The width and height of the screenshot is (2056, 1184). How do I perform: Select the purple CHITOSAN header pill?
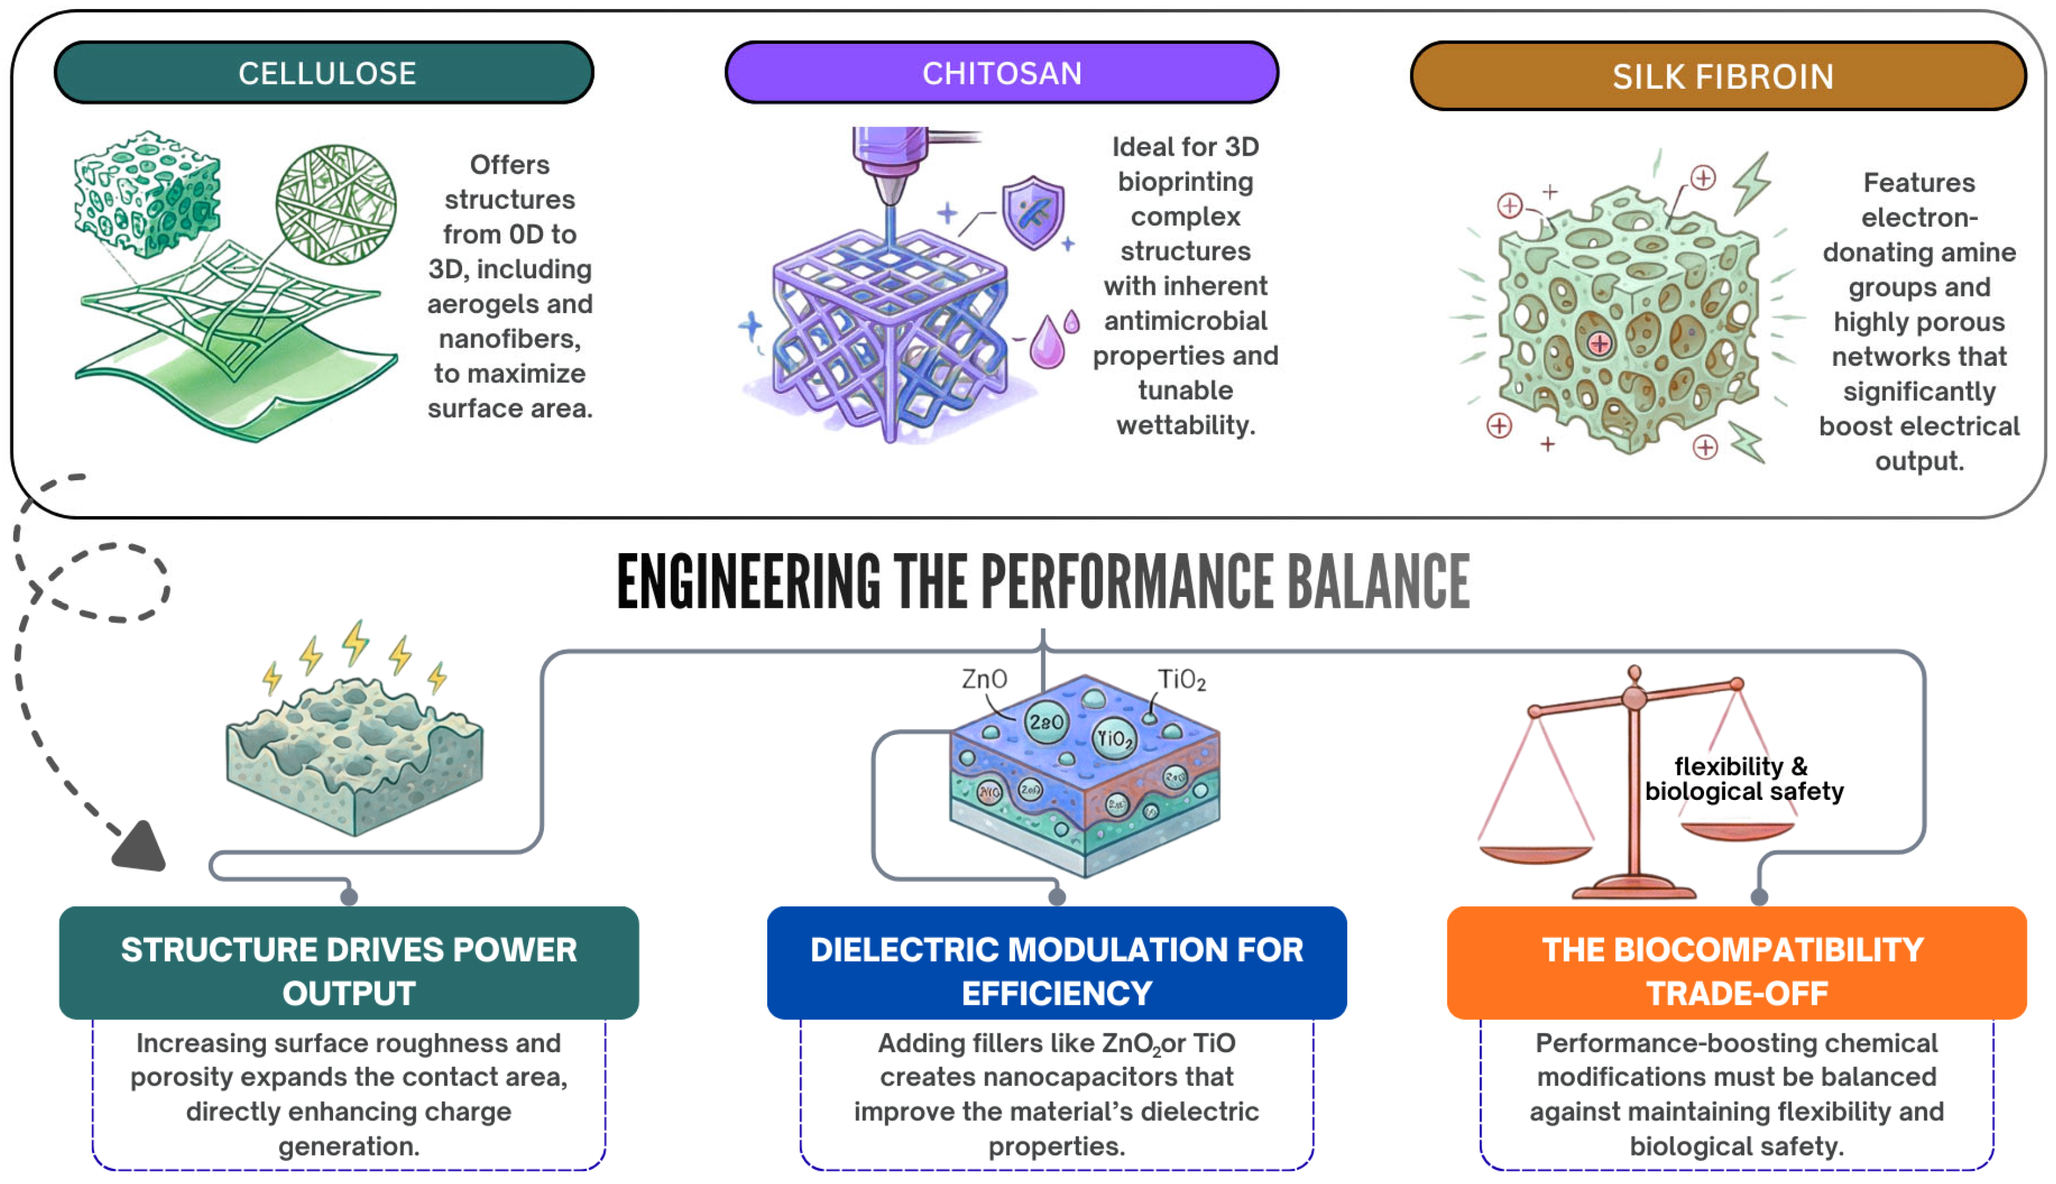[1001, 73]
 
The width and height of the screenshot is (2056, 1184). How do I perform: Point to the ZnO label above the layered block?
[984, 678]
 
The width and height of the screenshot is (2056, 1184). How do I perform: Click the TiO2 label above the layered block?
[1181, 680]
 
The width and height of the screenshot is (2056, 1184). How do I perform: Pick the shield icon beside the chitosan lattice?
[1033, 212]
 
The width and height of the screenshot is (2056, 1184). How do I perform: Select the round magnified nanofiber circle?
[336, 205]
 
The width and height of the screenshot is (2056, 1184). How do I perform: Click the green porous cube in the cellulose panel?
[147, 193]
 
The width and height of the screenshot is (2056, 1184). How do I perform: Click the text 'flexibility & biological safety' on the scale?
[1744, 778]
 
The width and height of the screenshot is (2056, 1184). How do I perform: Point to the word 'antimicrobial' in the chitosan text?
[1186, 320]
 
